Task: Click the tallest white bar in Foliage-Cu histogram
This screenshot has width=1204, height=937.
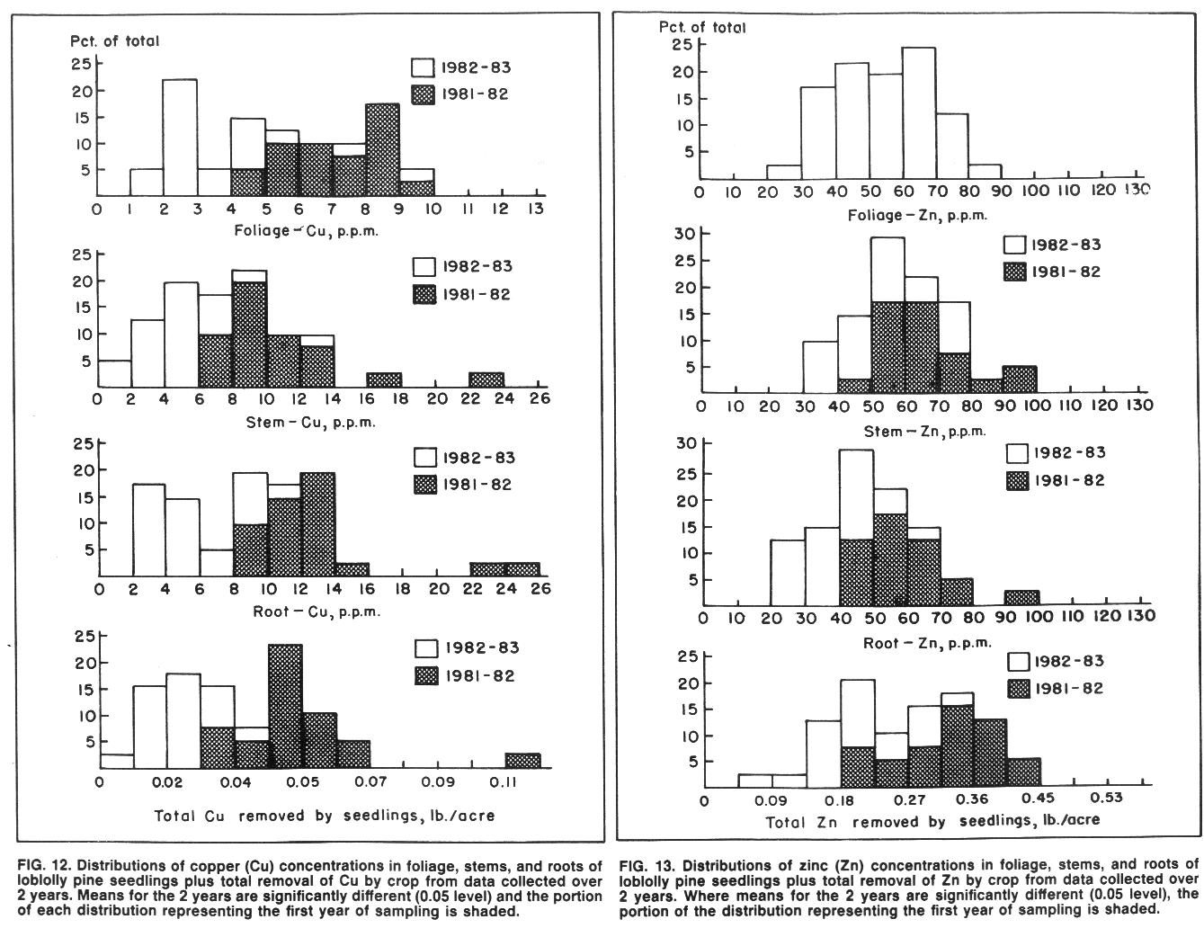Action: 180,138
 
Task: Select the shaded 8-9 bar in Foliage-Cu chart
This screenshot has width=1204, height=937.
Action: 382,149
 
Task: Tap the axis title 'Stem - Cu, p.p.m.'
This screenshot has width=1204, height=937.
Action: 311,423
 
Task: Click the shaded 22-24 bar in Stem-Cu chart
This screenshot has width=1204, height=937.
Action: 486,379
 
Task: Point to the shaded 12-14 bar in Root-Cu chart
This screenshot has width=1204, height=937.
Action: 318,524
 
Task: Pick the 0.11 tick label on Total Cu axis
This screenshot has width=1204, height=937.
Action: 503,781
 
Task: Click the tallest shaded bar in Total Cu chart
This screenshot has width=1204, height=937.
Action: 286,706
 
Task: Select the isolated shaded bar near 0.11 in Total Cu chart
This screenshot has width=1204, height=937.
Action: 523,761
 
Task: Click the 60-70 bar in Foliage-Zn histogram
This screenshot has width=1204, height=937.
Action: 918,113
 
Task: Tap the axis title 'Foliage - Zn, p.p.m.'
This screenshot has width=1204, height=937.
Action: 917,215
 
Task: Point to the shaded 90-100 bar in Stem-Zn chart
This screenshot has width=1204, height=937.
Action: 1020,379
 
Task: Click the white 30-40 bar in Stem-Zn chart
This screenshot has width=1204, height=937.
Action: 820,367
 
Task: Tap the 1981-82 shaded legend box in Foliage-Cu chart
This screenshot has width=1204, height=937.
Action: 423,94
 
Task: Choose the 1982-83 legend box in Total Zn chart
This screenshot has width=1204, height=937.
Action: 1019,661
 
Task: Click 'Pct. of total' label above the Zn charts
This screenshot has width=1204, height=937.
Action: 702,27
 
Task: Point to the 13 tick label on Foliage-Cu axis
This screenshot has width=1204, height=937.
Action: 535,209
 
